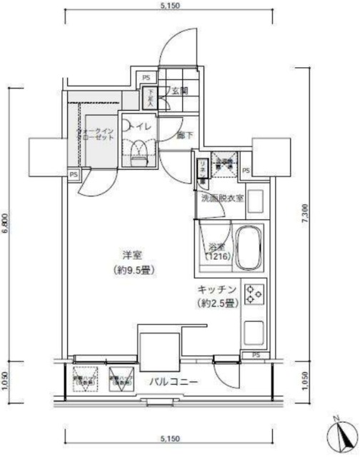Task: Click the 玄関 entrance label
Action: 179,91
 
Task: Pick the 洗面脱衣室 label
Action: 222,198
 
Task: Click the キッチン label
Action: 217,290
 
